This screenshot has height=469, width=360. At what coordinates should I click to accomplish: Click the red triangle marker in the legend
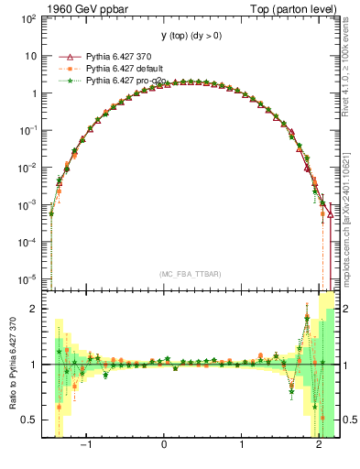(62, 57)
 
